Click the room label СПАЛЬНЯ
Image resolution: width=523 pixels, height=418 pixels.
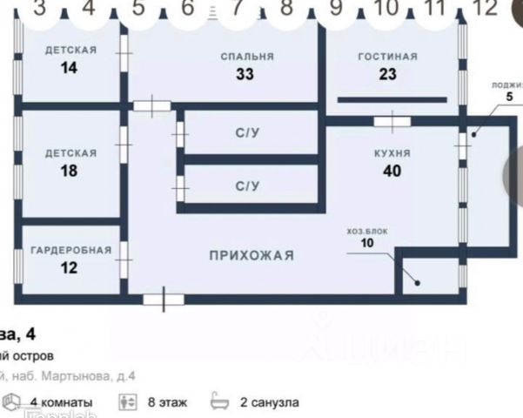[247, 56]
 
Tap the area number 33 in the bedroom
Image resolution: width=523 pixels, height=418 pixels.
[245, 74]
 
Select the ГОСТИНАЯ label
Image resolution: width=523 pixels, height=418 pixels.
[387, 56]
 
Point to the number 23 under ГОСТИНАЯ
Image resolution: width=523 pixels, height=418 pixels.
[387, 74]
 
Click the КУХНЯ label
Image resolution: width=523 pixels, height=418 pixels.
[392, 152]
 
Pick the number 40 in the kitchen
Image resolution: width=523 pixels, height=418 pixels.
[392, 171]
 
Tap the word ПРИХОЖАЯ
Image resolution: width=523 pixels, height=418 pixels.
[251, 255]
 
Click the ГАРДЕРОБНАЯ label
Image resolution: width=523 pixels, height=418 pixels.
[71, 250]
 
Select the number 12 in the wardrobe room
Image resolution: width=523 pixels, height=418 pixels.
[70, 268]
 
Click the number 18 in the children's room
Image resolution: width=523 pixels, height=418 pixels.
[70, 171]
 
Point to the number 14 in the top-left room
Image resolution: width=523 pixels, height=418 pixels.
[70, 68]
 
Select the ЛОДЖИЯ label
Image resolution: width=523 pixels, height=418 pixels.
[506, 84]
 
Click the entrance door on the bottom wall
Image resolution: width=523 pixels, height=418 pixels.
[163, 300]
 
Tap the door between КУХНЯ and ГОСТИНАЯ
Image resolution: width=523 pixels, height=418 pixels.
[391, 120]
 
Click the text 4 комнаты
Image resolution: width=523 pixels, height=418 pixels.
[61, 402]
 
